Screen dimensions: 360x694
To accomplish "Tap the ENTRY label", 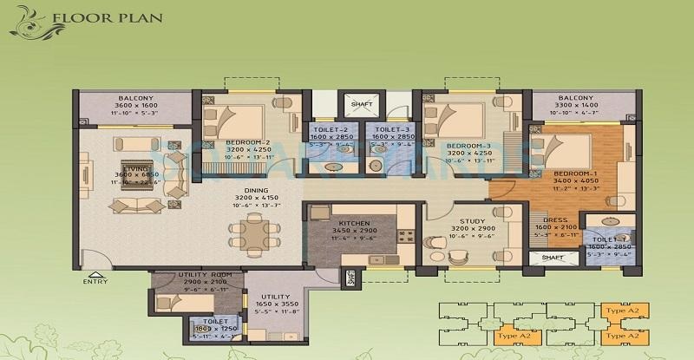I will pos(95,282).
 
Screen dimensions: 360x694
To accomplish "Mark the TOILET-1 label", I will pos(606,238).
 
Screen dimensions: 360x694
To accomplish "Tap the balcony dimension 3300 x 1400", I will pos(575,106).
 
